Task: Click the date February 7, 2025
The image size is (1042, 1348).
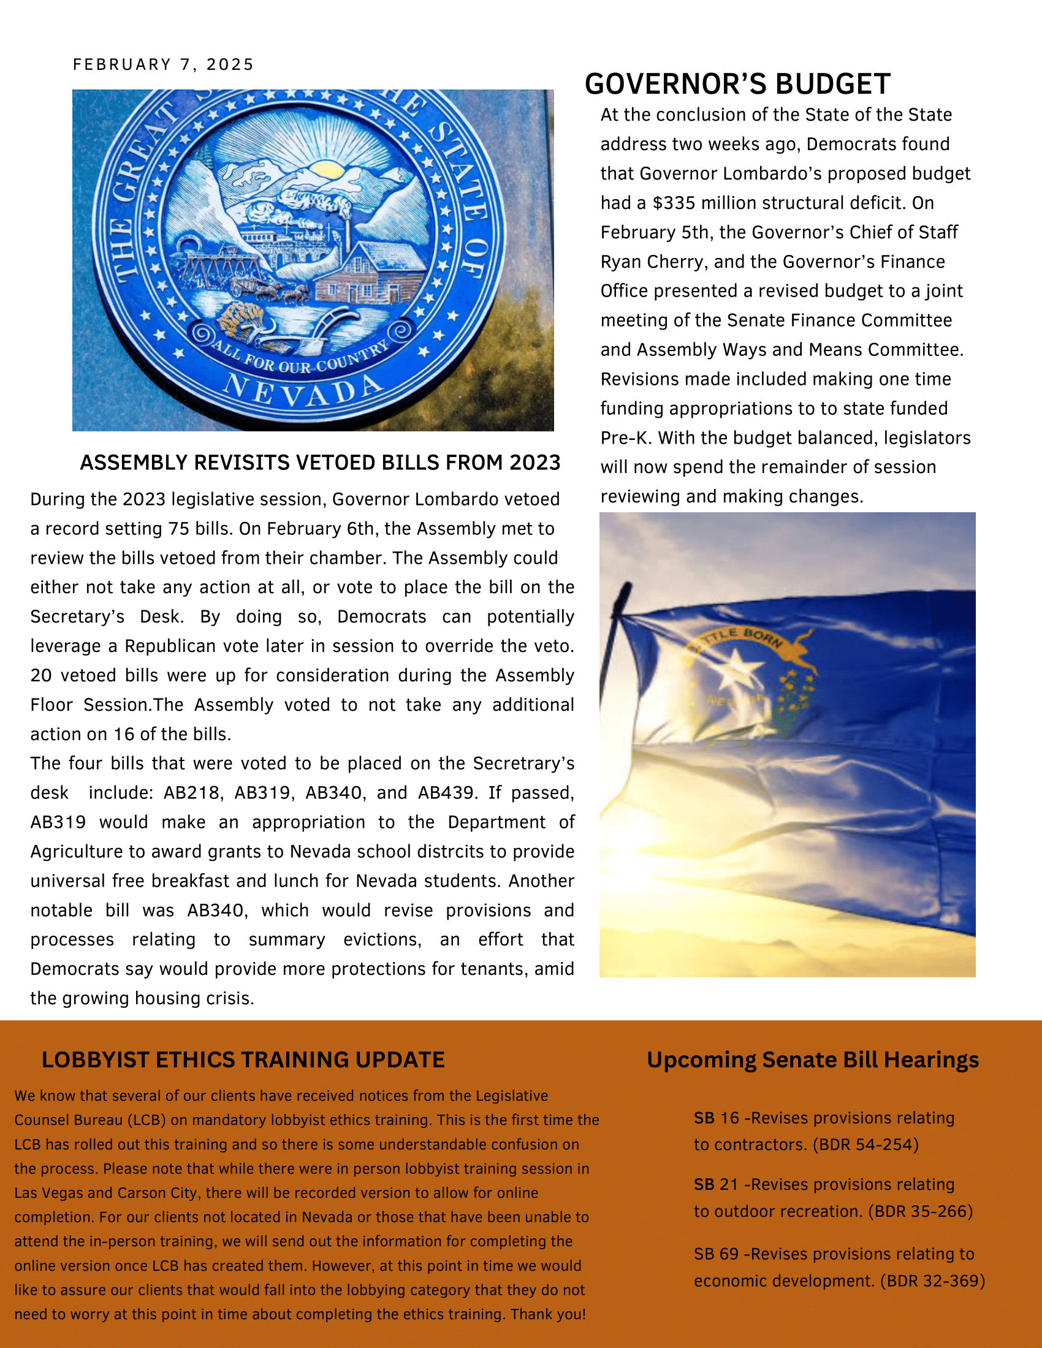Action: pos(163,65)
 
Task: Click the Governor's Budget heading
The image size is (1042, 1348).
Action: pos(737,84)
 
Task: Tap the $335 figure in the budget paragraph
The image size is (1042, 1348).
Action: pos(673,203)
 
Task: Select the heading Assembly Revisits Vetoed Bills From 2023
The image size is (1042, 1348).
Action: pos(320,462)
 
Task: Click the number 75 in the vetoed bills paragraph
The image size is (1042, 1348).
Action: pos(175,529)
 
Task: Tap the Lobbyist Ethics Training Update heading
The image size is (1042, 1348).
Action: pos(243,1060)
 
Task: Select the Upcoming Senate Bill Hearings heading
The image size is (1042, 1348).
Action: pos(812,1060)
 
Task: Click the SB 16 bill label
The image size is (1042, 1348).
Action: pos(716,1118)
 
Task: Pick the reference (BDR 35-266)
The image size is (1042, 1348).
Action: pos(921,1211)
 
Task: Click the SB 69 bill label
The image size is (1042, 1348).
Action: pos(716,1254)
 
